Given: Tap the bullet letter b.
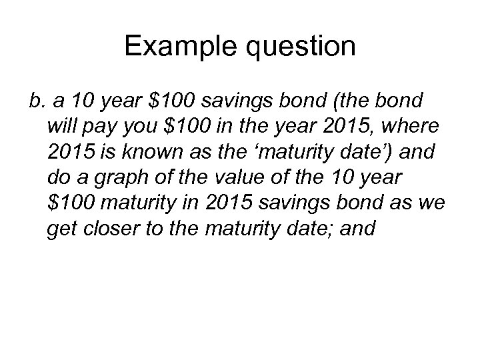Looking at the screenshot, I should (35, 100).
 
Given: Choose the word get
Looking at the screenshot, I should (63, 230).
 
